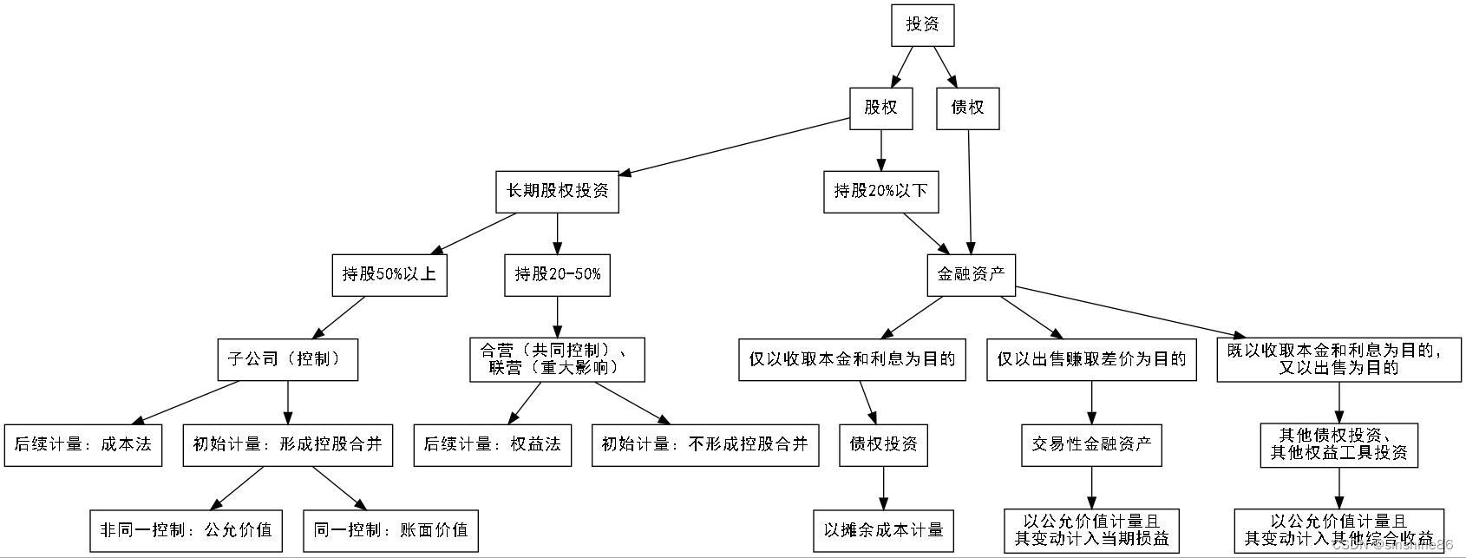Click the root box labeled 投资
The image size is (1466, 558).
(x=922, y=24)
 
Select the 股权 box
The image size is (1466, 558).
(x=880, y=108)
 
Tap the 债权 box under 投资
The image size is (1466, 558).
(x=967, y=108)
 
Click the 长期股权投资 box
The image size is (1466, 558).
(x=557, y=191)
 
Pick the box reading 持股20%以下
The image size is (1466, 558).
(x=880, y=191)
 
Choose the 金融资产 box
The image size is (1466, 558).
(x=971, y=274)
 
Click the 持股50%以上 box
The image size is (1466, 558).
(x=389, y=274)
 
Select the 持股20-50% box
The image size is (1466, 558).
(x=557, y=274)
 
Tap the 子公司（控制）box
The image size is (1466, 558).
(x=287, y=358)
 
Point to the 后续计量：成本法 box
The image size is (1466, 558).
(x=82, y=444)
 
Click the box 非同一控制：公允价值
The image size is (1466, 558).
(x=186, y=529)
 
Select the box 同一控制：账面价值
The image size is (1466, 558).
(x=390, y=529)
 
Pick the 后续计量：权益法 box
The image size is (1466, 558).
(x=492, y=444)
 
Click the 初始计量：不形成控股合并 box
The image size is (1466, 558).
(x=704, y=444)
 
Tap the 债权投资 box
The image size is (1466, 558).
(x=883, y=444)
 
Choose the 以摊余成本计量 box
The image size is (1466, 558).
(x=883, y=529)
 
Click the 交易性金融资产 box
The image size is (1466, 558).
(x=1091, y=444)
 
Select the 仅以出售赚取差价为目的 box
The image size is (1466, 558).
(x=1091, y=358)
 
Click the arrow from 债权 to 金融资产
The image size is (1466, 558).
(x=969, y=191)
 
